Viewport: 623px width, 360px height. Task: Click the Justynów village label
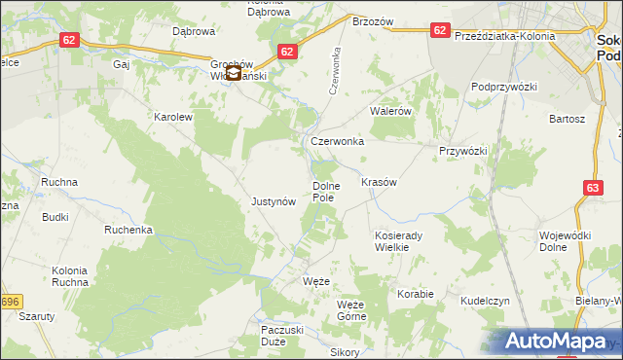[273, 202]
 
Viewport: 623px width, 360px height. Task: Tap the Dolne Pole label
[323, 192]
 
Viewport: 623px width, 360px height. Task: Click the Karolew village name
[174, 117]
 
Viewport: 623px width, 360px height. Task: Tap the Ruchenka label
[128, 231]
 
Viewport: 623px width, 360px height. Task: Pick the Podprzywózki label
[504, 87]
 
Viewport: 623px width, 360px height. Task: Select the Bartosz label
[567, 119]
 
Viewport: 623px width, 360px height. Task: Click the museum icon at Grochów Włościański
[233, 72]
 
